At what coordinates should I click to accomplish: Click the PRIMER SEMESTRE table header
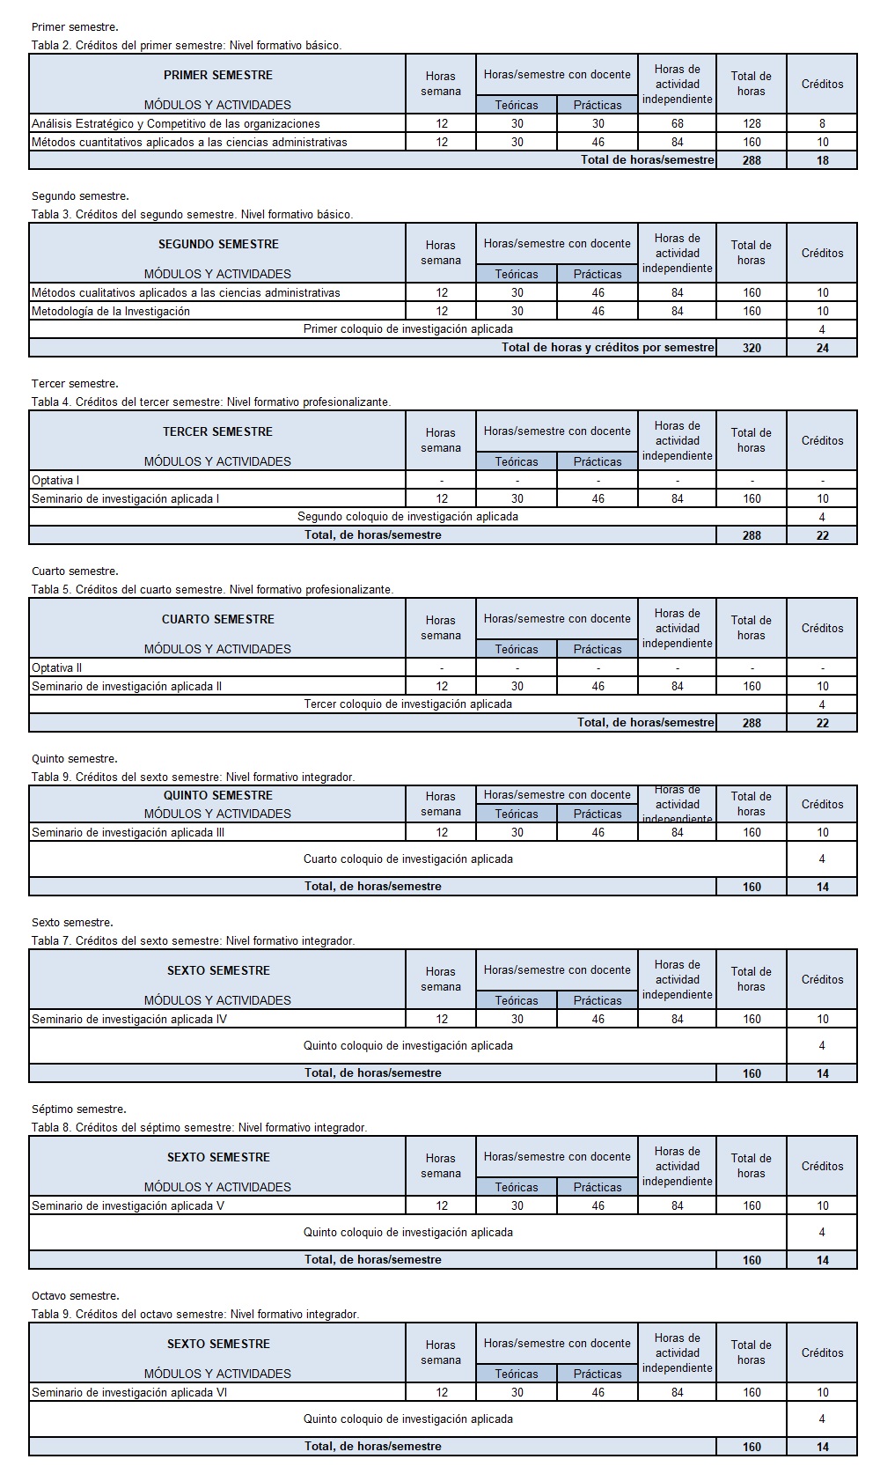pos(217,75)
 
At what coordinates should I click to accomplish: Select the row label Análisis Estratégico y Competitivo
pos(176,124)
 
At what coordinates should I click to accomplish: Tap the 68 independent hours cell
pos(677,124)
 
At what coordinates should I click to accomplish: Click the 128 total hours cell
pos(752,124)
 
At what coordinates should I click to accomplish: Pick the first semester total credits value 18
pos(822,160)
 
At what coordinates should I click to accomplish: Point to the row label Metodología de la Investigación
pos(111,311)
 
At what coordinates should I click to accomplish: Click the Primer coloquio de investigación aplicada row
pos(407,329)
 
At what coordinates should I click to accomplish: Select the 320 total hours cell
pos(752,348)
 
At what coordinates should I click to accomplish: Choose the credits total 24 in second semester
pos(822,348)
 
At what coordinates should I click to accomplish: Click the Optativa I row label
pos(55,480)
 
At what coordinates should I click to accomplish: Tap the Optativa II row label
pos(57,667)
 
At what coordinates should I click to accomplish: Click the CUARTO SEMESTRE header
pos(217,619)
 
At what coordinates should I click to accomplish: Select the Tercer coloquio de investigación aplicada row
pos(407,704)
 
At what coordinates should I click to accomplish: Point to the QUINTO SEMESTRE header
pos(217,795)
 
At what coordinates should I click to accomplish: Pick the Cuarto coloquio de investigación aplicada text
pos(407,859)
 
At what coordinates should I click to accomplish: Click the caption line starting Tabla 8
pos(199,1127)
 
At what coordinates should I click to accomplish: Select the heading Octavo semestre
pos(75,1295)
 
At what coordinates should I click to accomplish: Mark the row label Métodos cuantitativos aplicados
pos(189,142)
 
